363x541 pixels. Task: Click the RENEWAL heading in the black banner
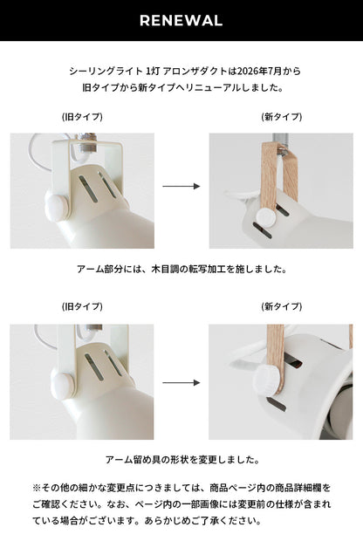click(x=181, y=21)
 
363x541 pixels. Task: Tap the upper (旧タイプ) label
click(x=82, y=117)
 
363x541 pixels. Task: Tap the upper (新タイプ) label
click(x=282, y=117)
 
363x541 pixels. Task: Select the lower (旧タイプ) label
click(x=82, y=306)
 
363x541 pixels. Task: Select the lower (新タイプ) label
click(x=282, y=306)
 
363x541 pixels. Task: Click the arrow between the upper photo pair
click(x=181, y=187)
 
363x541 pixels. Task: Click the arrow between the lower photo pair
click(x=181, y=383)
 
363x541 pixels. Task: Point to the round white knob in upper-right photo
click(x=266, y=217)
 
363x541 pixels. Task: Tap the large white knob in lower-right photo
click(x=267, y=380)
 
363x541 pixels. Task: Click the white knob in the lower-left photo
click(x=63, y=384)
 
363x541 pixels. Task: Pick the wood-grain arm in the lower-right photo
click(x=275, y=359)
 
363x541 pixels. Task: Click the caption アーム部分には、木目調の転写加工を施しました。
click(x=181, y=269)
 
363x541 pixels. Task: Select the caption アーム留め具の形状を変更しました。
click(x=181, y=460)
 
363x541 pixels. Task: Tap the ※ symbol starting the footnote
click(x=37, y=488)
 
